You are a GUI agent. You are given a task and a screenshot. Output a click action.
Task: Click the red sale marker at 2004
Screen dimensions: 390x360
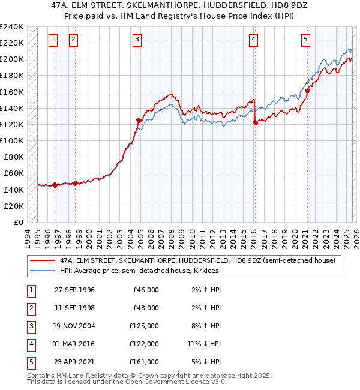coord(139,120)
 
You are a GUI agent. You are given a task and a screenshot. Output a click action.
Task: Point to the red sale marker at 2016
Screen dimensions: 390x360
coord(255,122)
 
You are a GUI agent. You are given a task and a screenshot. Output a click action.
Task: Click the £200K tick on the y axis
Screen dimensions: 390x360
coord(12,59)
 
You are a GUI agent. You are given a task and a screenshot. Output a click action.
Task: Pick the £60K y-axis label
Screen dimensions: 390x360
coord(14,173)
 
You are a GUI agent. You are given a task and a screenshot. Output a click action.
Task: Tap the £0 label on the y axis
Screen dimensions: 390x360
coord(18,222)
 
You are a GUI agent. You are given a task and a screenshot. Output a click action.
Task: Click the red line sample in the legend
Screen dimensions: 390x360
coord(43,260)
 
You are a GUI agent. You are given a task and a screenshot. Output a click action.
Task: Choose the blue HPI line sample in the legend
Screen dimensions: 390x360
coord(43,271)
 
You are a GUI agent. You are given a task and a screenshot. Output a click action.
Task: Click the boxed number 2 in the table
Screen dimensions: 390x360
coord(31,308)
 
